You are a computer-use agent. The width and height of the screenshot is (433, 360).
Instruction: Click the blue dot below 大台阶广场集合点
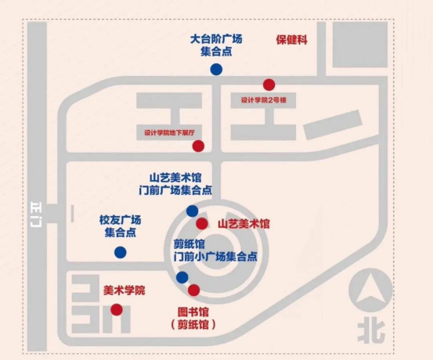tap(216, 70)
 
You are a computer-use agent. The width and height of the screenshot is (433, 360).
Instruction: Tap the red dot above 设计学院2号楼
tap(269, 85)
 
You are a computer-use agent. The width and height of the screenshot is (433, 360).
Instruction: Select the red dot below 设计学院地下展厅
tap(198, 146)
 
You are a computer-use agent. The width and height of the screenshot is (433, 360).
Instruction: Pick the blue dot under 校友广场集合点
tap(121, 252)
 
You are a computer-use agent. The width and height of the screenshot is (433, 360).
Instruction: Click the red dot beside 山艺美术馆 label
tap(202, 223)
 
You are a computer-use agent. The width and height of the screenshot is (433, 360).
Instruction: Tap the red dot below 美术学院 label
tap(117, 310)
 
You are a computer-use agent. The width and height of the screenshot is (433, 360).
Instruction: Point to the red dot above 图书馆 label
tap(193, 290)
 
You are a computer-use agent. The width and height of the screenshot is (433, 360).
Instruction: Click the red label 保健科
tap(291, 40)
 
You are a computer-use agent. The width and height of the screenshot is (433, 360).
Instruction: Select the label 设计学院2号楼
tap(263, 100)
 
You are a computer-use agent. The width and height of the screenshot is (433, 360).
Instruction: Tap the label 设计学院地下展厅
tap(170, 133)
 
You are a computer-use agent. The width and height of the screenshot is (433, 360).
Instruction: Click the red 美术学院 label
tap(124, 290)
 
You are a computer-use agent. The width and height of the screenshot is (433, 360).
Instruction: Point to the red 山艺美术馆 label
tap(244, 224)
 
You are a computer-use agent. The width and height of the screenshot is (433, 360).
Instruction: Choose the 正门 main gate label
tap(37, 214)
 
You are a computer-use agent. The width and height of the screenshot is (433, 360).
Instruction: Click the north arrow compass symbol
tap(370, 290)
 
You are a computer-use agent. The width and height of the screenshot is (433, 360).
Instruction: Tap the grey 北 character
tap(371, 331)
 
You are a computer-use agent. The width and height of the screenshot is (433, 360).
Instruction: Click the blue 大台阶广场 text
tap(216, 39)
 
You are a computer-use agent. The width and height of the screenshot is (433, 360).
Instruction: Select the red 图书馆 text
tap(193, 312)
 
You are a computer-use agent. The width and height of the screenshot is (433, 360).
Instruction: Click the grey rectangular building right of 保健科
tap(360, 45)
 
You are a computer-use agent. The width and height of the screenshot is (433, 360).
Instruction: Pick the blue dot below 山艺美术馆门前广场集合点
tap(192, 211)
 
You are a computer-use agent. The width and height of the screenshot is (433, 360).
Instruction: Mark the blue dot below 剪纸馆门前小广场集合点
tap(182, 278)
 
